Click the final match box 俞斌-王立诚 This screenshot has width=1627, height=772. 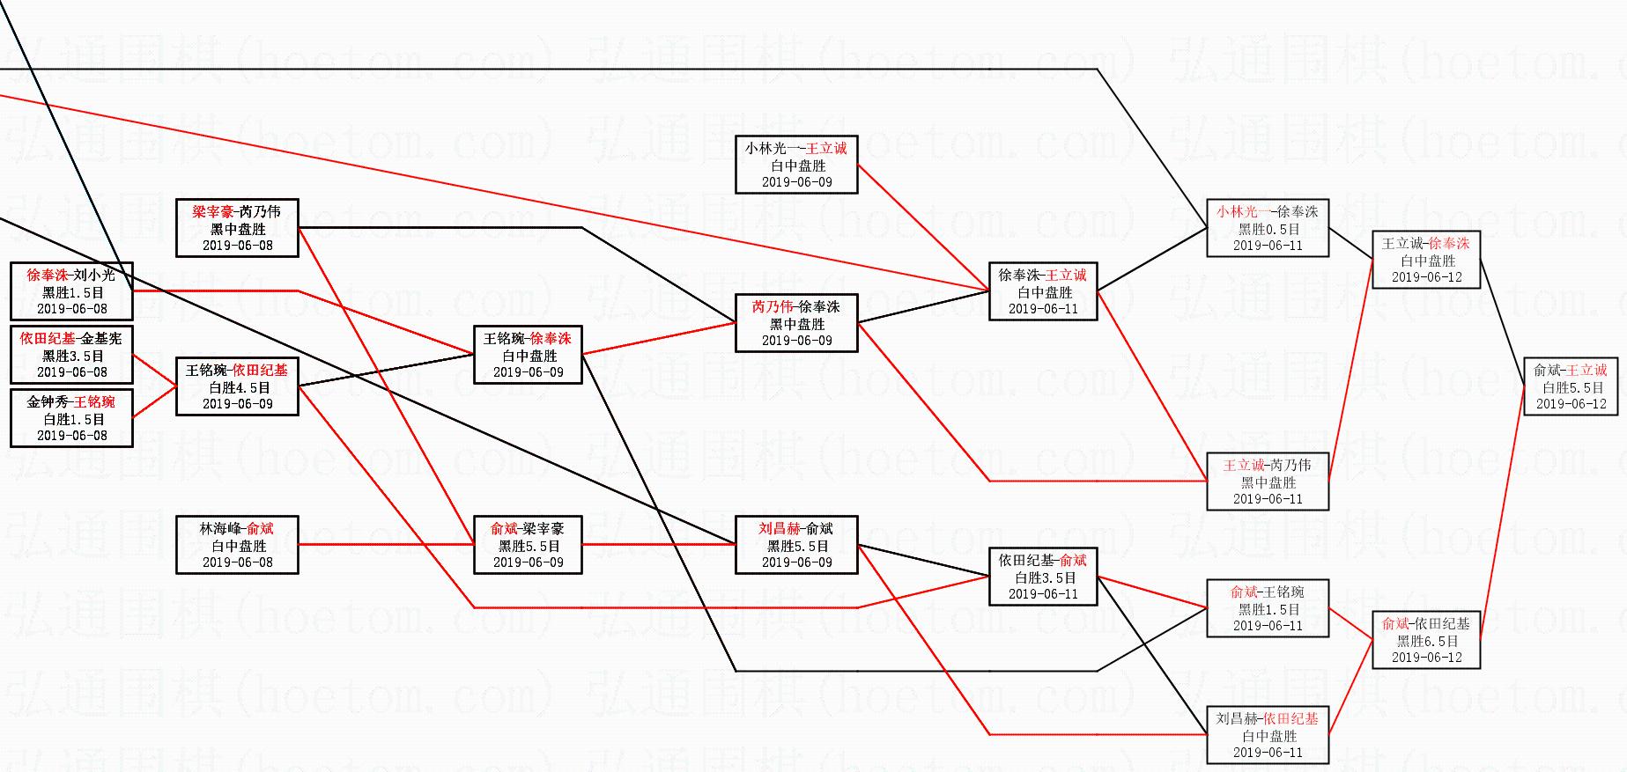1570,386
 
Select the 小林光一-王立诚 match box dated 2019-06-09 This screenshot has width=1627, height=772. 796,165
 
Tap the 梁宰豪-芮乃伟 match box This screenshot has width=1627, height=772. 237,228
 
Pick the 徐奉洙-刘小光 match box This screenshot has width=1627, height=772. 71,291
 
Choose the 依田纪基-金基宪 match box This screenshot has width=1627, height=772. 71,355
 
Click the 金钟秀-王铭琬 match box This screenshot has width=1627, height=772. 71,418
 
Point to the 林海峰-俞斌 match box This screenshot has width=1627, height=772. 237,545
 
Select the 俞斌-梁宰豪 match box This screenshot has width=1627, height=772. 528,545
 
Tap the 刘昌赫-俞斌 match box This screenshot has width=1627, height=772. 796,545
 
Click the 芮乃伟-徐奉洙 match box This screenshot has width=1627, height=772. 796,323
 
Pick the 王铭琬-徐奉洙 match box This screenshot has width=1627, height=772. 528,355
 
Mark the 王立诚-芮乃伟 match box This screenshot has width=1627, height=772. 1268,482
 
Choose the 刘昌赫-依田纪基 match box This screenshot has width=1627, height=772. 1268,735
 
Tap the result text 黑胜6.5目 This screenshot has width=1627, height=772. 1426,641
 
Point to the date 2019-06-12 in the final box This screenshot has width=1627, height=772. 1571,404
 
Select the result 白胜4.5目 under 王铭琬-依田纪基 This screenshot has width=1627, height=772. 238,387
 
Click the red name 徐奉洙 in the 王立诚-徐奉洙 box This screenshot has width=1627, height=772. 1448,244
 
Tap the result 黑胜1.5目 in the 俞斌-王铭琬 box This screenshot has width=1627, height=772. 1268,609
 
